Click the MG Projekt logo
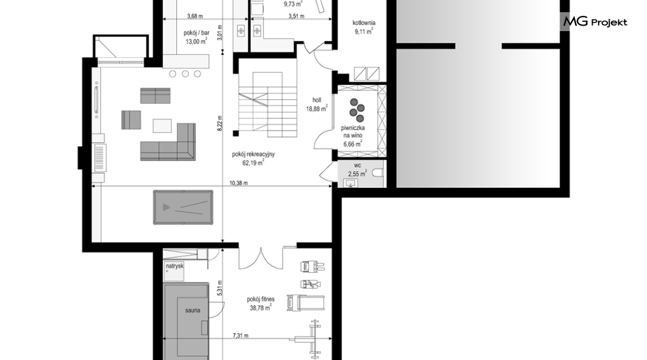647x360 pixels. click(x=595, y=21)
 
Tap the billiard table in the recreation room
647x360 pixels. click(x=183, y=207)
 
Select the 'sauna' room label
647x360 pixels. click(x=193, y=310)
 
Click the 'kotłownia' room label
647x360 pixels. click(x=364, y=23)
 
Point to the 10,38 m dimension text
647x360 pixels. click(x=239, y=183)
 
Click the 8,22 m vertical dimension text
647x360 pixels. click(x=220, y=123)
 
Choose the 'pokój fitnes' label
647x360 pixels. click(x=261, y=300)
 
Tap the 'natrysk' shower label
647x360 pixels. click(x=175, y=267)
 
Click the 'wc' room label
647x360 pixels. click(x=357, y=165)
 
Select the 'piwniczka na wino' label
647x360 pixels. click(x=353, y=132)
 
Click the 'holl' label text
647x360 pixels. click(x=317, y=100)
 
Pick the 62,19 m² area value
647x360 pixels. click(x=253, y=163)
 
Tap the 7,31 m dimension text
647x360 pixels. click(x=240, y=336)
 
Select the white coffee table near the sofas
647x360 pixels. click(x=162, y=126)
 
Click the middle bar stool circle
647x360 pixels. click(x=186, y=74)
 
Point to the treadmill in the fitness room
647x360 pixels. click(x=306, y=303)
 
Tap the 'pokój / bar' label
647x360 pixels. click(x=197, y=33)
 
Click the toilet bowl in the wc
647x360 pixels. click(x=377, y=173)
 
